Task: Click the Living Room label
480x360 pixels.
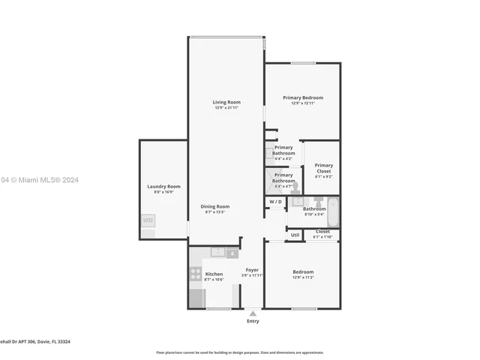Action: point(226,102)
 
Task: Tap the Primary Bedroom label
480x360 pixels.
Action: point(303,97)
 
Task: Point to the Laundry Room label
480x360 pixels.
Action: point(163,186)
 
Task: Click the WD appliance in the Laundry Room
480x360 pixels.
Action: point(148,220)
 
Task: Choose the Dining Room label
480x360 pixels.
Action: point(214,206)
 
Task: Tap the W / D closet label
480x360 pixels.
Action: point(275,202)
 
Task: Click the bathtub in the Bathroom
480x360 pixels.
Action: point(334,212)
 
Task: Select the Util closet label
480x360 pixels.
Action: point(295,235)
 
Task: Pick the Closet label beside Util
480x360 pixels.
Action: point(322,232)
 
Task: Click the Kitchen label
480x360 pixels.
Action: point(214,274)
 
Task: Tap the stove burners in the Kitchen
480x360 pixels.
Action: point(196,274)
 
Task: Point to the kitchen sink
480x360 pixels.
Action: point(218,253)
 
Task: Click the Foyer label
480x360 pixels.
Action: point(252,270)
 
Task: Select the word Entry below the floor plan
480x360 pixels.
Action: point(253,321)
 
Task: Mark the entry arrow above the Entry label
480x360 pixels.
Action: point(253,313)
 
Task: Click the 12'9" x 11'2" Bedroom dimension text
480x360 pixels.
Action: point(303,277)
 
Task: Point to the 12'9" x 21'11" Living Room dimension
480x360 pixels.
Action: point(226,108)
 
